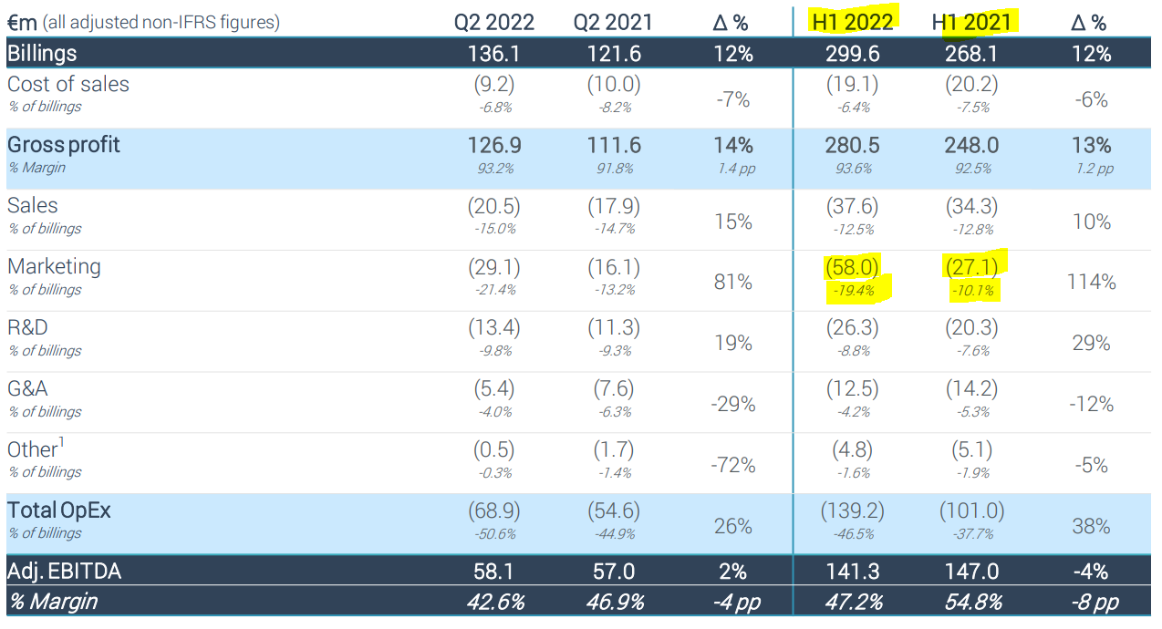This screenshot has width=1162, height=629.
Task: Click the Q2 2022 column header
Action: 494,22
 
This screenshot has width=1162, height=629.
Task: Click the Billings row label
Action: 43,54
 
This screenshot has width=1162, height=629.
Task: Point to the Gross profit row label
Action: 64,145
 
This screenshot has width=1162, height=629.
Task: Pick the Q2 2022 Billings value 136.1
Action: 494,54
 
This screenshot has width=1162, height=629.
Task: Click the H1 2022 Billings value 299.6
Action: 853,54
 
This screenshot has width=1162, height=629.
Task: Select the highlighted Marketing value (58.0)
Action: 853,267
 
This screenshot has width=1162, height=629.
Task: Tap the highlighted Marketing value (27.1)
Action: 972,267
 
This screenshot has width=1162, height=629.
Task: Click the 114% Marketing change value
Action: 1091,282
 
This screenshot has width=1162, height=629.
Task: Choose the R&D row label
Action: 27,328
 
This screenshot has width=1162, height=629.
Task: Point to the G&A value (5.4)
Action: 494,389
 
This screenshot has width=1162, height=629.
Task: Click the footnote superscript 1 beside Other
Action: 61,443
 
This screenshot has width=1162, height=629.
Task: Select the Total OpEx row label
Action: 59,510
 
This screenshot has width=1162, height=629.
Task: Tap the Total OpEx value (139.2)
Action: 853,511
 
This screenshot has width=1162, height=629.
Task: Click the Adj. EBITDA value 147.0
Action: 972,572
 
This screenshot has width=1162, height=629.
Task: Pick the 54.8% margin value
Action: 972,603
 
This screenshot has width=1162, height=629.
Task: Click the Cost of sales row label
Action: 68,85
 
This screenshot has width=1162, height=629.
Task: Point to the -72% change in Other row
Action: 733,465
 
